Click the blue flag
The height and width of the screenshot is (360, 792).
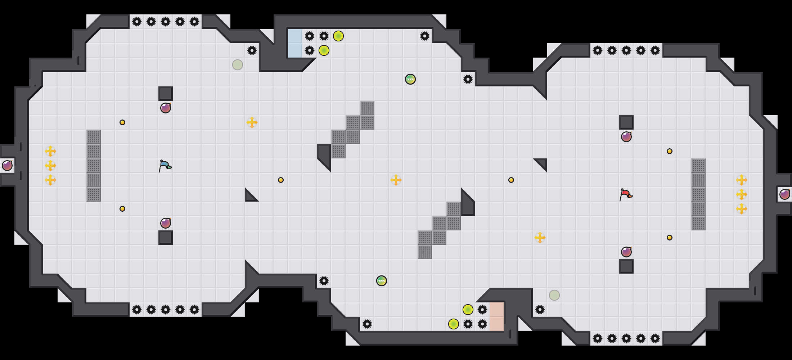[x=165, y=166]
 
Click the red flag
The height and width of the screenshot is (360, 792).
[x=626, y=195]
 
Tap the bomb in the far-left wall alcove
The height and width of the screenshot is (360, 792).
[x=7, y=166]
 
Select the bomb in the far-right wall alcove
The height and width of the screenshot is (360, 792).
[x=785, y=194]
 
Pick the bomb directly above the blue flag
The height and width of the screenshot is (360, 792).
[x=166, y=108]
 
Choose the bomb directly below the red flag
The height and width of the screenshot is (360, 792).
[x=626, y=252]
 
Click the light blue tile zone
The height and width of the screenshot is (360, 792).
[x=295, y=43]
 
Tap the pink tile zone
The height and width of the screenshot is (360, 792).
[x=496, y=317]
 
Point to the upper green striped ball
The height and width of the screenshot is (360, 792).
[x=410, y=79]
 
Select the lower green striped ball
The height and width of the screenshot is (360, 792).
[x=382, y=281]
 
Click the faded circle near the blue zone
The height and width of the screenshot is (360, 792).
[x=238, y=65]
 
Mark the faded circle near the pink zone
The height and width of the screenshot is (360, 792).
[x=554, y=295]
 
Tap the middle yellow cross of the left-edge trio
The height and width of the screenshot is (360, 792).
[x=50, y=166]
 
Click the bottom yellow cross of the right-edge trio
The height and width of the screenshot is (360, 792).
[x=742, y=209]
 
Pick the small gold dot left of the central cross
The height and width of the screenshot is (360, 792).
[x=281, y=180]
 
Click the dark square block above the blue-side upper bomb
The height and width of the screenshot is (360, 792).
[x=166, y=94]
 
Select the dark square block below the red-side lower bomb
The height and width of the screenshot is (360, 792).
[x=626, y=266]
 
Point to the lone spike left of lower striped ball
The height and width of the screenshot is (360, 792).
[x=324, y=281]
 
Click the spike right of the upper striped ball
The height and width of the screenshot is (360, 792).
[x=468, y=79]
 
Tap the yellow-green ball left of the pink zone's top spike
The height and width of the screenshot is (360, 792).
[x=468, y=310]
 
